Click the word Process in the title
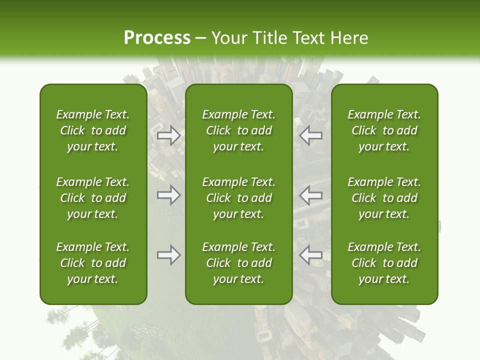click(x=157, y=38)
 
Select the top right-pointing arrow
click(x=168, y=136)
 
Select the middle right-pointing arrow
click(x=168, y=195)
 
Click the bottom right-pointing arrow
click(x=168, y=255)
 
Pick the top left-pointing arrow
click(x=311, y=136)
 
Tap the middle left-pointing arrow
click(x=311, y=195)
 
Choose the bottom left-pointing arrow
click(x=311, y=255)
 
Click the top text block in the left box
click(x=93, y=130)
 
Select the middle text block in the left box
click(x=93, y=198)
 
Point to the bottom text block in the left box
click(x=93, y=263)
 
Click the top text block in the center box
click(x=239, y=130)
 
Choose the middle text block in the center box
click(x=239, y=198)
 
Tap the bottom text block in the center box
click(x=239, y=263)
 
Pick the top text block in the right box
click(x=384, y=130)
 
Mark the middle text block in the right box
click(x=384, y=198)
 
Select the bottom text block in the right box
click(x=384, y=263)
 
